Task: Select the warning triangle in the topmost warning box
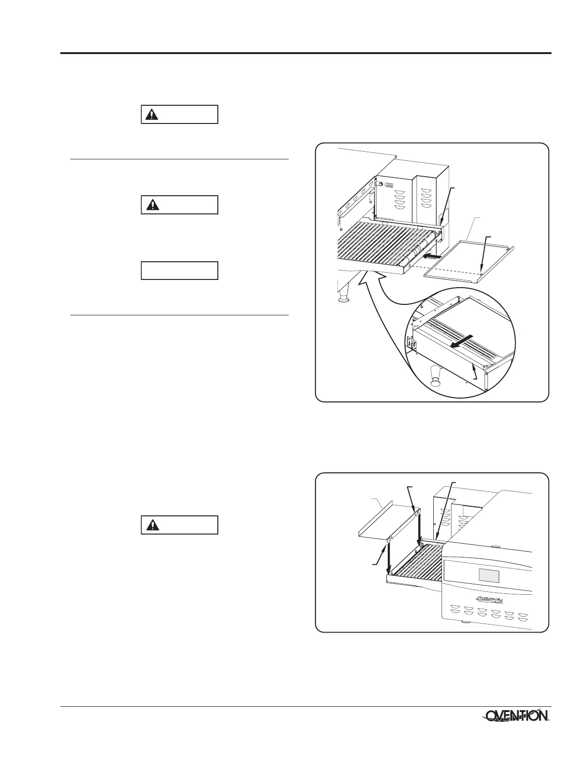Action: (152, 115)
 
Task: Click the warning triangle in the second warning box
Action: (152, 205)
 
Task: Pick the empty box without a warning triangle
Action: (180, 270)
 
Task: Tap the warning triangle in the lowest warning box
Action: (152, 525)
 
